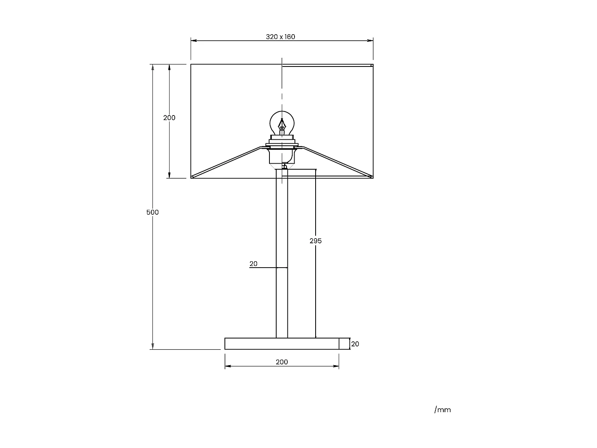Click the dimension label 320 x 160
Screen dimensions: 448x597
pyautogui.click(x=281, y=37)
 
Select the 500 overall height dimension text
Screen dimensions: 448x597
pyautogui.click(x=152, y=212)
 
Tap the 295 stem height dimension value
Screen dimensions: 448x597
pyautogui.click(x=316, y=241)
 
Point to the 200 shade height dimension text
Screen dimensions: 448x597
pyautogui.click(x=169, y=118)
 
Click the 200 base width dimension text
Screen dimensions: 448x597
pyautogui.click(x=282, y=362)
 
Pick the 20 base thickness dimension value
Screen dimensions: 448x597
pyautogui.click(x=355, y=344)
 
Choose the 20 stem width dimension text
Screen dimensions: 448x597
pyautogui.click(x=254, y=264)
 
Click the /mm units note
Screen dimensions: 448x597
pyautogui.click(x=443, y=410)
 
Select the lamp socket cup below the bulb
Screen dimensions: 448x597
pyautogui.click(x=282, y=156)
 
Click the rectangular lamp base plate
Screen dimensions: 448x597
pyautogui.click(x=282, y=344)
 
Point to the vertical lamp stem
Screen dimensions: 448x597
pyautogui.click(x=282, y=255)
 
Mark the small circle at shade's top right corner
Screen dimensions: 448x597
pyautogui.click(x=372, y=65)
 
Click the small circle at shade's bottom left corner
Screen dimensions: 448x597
pyautogui.click(x=192, y=177)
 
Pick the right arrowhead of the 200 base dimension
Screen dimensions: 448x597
pyautogui.click(x=337, y=366)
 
